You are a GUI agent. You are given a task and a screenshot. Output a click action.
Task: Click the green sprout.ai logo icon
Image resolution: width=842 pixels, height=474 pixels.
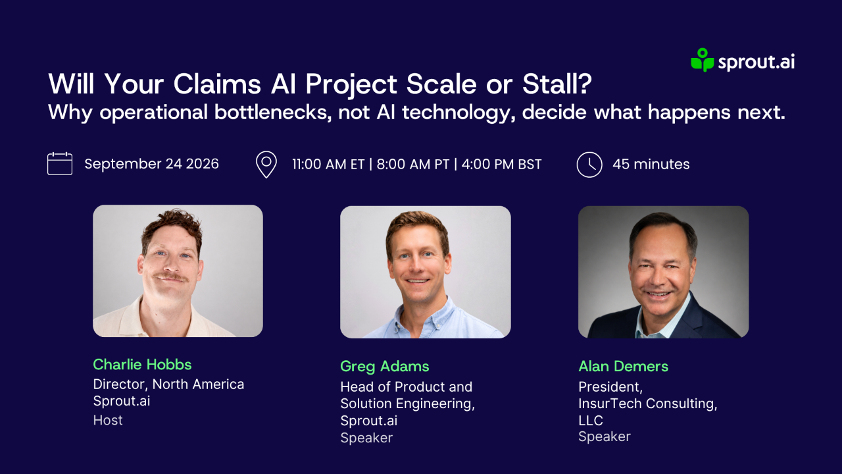pos(702,60)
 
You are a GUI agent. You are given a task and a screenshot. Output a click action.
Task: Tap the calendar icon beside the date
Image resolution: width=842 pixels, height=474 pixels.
pos(60,164)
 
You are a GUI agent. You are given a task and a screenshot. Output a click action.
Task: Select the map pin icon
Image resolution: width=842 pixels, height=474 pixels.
pos(266,165)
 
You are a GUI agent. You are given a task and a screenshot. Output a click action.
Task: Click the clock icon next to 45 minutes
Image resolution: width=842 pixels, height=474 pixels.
pos(589,165)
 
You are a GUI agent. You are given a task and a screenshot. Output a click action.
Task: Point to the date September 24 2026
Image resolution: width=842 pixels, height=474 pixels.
pos(151,164)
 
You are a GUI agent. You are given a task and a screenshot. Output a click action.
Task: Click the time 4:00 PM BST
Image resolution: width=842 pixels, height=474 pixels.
pos(501,165)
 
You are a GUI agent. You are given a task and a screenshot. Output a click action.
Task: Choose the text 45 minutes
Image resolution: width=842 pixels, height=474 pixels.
pos(651,165)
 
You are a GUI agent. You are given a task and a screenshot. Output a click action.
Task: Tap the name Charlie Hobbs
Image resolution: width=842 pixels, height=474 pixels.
pos(143,365)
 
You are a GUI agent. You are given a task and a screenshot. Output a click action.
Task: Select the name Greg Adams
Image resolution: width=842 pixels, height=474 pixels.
pos(385,367)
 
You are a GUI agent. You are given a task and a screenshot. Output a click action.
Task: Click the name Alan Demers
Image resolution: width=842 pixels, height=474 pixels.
pos(623,367)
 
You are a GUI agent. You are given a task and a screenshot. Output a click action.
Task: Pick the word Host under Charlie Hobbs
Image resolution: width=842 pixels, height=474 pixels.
pos(108,420)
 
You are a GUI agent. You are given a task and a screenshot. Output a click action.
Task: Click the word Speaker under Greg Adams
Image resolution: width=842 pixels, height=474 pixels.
pos(366,438)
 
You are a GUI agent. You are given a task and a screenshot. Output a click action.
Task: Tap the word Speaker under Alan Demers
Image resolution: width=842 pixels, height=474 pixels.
pos(605,436)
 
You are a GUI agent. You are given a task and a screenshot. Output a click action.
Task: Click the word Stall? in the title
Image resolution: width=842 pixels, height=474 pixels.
pos(557,84)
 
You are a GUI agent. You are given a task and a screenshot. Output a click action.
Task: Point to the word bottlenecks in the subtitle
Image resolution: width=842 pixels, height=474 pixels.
pos(273,112)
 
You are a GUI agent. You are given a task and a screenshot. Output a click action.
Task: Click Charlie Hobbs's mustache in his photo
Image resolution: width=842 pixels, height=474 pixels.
pos(171,277)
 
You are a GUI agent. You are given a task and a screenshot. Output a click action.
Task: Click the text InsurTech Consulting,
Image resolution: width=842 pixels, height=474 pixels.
pos(648,404)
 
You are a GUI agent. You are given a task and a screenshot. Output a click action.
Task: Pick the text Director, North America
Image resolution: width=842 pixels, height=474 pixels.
pos(169,384)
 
